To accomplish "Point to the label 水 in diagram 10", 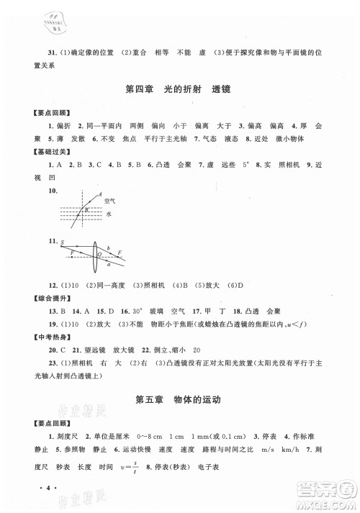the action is (108, 213).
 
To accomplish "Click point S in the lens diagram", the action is (63, 242).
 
